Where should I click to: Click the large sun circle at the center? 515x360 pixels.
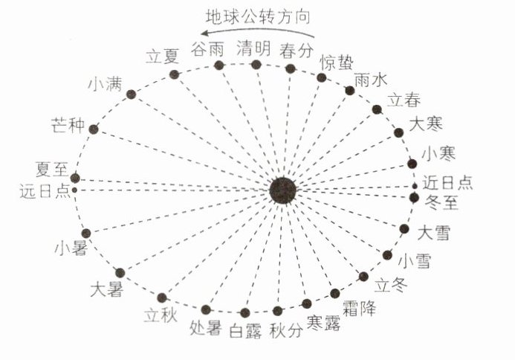coord(283,190)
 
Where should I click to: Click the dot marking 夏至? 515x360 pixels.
coord(74,179)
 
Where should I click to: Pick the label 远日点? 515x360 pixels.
coord(45,191)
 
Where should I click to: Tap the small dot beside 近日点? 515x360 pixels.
coord(415,185)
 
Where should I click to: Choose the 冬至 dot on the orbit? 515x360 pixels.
coord(415,197)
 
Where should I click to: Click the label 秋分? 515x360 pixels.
coord(287,331)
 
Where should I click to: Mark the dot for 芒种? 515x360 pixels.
coord(94,129)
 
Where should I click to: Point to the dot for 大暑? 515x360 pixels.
coord(120,272)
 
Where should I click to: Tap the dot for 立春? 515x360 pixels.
coord(377,109)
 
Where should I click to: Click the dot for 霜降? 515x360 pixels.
coord(335,293)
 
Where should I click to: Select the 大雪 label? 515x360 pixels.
coord(435,232)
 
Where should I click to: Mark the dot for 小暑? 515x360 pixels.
coord(86,233)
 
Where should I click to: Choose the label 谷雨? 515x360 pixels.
coord(207,49)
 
